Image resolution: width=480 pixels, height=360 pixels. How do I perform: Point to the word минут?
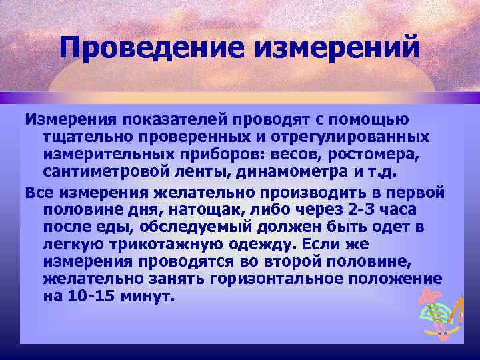pyautogui.click(x=150, y=295)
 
